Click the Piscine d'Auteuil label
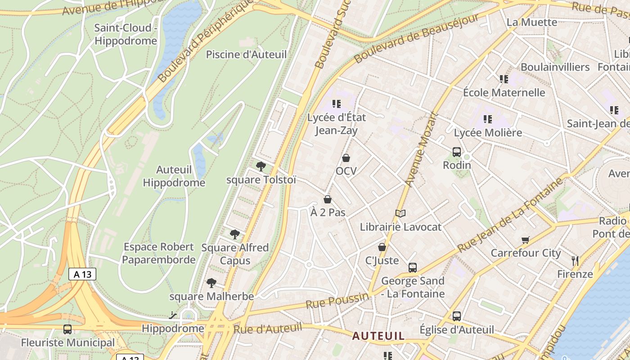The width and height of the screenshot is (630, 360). [246, 54]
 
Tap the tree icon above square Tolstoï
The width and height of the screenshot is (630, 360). [261, 166]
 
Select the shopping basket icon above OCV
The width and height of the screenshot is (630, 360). [346, 158]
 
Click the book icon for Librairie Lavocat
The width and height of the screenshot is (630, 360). [400, 214]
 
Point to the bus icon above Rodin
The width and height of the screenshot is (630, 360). [457, 152]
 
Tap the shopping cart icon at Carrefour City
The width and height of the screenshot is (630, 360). [526, 240]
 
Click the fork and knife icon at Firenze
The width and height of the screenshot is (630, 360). [575, 261]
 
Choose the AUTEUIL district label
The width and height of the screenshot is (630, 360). [378, 336]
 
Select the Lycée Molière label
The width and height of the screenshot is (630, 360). [488, 133]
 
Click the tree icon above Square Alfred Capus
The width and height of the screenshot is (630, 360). [234, 234]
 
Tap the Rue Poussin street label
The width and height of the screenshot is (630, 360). [337, 301]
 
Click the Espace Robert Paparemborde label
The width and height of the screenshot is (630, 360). [159, 253]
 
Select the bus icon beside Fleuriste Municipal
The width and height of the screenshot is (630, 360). [67, 329]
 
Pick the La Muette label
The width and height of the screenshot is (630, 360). [531, 22]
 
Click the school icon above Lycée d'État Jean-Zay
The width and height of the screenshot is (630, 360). [336, 104]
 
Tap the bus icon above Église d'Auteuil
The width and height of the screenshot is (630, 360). [457, 316]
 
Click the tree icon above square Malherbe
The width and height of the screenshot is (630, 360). [211, 283]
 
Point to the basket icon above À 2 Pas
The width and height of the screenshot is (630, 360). [328, 199]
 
